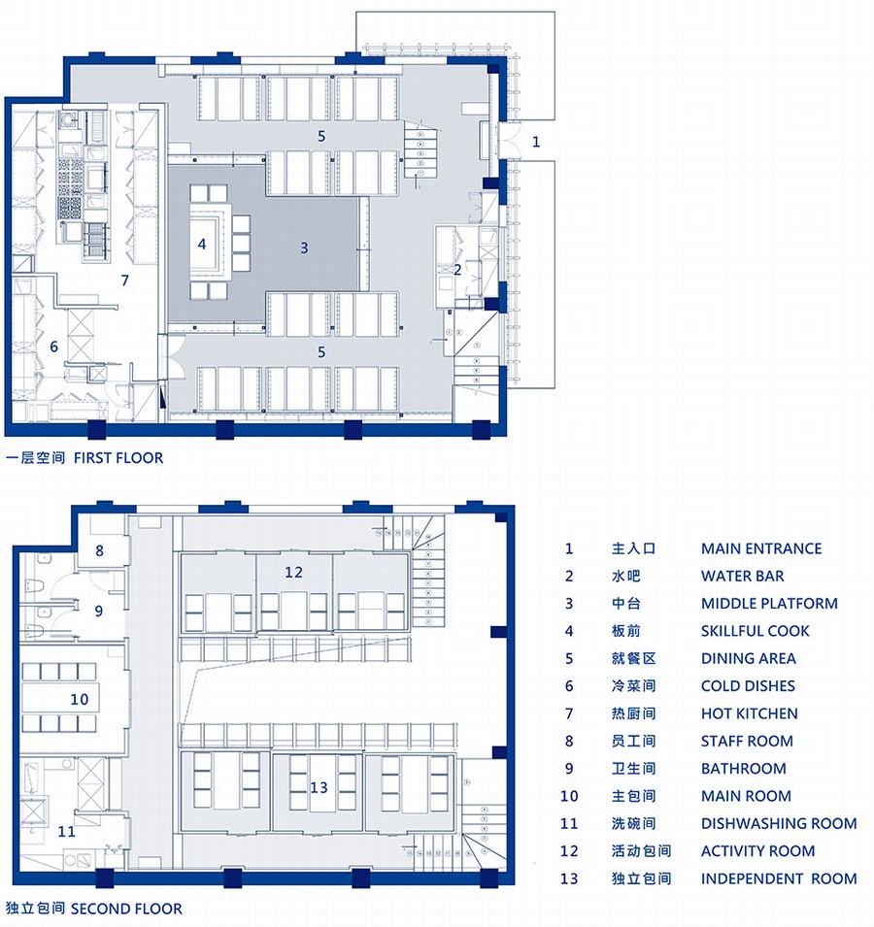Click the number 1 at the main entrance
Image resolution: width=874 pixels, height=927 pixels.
tap(536, 142)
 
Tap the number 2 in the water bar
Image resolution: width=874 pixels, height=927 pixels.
tap(457, 270)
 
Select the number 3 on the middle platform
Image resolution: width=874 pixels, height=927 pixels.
tap(304, 248)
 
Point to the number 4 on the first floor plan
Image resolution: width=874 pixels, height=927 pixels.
tap(202, 244)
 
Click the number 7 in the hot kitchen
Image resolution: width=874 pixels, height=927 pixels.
tap(124, 281)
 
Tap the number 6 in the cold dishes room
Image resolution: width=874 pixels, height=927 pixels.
tap(53, 347)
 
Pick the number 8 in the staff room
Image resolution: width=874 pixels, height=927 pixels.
tap(99, 551)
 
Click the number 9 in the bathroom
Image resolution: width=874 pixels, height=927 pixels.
tap(99, 611)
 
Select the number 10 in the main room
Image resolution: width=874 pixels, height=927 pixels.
tap(80, 700)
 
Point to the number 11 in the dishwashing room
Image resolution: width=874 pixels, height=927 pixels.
tap(66, 831)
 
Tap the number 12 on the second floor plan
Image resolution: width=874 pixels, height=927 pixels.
tap(293, 572)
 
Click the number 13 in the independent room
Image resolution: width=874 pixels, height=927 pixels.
tap(319, 787)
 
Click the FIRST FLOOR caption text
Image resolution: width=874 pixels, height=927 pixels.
tap(118, 457)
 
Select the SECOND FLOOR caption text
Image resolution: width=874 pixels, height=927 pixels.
tap(126, 909)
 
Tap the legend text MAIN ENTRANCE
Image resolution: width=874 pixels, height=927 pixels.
tap(761, 548)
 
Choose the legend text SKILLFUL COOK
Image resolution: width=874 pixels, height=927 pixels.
tap(756, 631)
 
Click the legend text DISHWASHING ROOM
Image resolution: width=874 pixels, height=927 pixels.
tap(779, 823)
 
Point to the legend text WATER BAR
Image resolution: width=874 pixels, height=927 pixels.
tap(743, 576)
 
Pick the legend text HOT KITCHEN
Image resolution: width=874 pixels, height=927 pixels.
tap(750, 713)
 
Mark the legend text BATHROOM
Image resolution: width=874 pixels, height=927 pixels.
tap(744, 769)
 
